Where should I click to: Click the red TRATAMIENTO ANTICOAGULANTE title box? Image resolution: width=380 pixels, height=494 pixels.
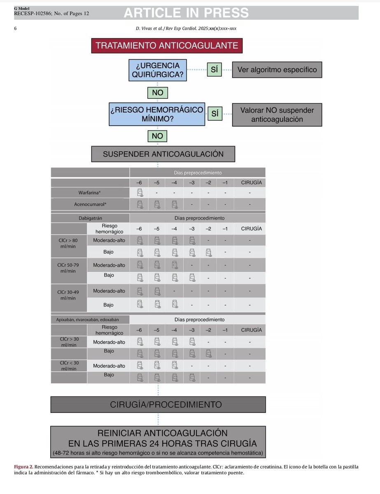tap(167, 46)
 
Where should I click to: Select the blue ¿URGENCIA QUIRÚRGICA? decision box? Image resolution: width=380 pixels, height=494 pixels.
tap(157, 70)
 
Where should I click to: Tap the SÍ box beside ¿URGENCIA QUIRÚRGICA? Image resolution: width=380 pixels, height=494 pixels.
tap(214, 70)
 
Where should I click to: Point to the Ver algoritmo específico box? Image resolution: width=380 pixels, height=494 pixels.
tap(277, 70)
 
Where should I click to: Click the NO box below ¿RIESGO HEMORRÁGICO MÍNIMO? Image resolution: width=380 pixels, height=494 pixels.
tap(157, 136)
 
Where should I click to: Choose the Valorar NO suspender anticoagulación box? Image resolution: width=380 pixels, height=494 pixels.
tap(277, 114)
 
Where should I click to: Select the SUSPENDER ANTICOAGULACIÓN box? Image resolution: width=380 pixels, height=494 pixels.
tap(163, 154)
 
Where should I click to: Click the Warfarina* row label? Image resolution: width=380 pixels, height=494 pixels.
tap(90, 192)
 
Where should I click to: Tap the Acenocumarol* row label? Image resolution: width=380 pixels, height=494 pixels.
tap(90, 204)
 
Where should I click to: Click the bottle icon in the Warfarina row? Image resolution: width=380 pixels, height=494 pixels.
tap(139, 192)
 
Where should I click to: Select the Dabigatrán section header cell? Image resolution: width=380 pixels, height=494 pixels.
tap(90, 218)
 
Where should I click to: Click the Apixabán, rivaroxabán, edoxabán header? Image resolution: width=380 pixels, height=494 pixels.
tap(90, 319)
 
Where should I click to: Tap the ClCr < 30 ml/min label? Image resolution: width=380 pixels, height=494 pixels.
tap(68, 366)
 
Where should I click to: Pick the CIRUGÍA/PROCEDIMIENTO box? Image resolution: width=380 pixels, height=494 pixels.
tap(158, 404)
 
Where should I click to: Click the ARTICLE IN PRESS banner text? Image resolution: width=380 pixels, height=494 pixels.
tap(186, 14)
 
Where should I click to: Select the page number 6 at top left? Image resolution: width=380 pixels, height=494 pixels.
tap(15, 28)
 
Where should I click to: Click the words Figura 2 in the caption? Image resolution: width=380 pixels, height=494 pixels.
tap(23, 467)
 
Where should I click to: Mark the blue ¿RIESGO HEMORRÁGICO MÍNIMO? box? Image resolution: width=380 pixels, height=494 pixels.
tap(157, 114)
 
